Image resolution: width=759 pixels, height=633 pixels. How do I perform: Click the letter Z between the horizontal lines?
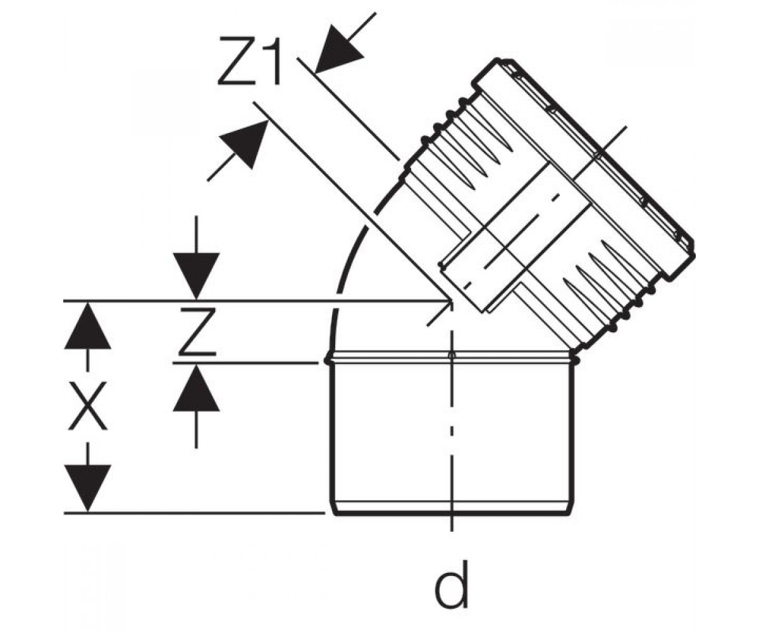(x=198, y=332)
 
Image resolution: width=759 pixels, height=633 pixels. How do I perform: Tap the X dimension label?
(x=89, y=406)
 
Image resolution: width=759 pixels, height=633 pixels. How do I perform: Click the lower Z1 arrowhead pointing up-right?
(x=245, y=142)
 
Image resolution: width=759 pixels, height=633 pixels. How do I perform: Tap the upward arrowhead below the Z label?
(x=196, y=388)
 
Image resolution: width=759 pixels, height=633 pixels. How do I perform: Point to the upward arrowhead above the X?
(x=87, y=326)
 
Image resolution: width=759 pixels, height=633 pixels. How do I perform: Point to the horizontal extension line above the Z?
(x=257, y=301)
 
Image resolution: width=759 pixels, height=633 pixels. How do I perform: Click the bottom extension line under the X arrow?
(x=194, y=513)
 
